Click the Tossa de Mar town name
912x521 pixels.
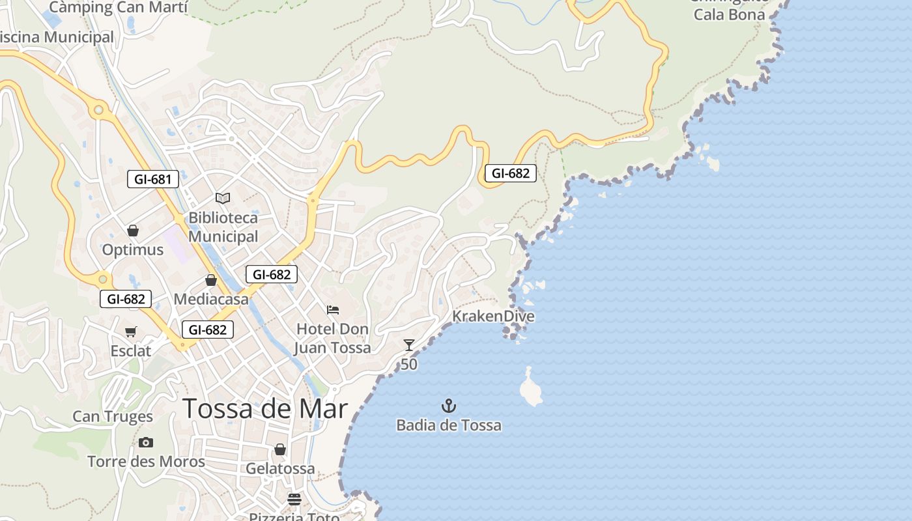264,409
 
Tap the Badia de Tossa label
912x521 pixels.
449,426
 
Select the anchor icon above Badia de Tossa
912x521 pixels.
449,406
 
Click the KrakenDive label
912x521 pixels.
493,317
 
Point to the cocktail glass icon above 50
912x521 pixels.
409,345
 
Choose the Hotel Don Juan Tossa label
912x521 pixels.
333,339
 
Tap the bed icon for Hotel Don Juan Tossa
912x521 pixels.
333,309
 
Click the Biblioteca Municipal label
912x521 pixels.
223,227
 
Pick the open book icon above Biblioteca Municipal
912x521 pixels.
223,198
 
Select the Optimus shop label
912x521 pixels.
133,250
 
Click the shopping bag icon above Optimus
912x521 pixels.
133,231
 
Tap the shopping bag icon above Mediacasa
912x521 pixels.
211,280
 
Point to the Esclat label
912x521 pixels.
130,351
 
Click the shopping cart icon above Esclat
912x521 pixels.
130,331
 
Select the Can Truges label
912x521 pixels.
113,417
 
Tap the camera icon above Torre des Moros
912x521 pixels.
146,443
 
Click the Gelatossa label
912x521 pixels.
280,469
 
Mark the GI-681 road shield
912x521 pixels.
152,179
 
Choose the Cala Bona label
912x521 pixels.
729,14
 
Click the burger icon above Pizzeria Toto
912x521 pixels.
294,500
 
